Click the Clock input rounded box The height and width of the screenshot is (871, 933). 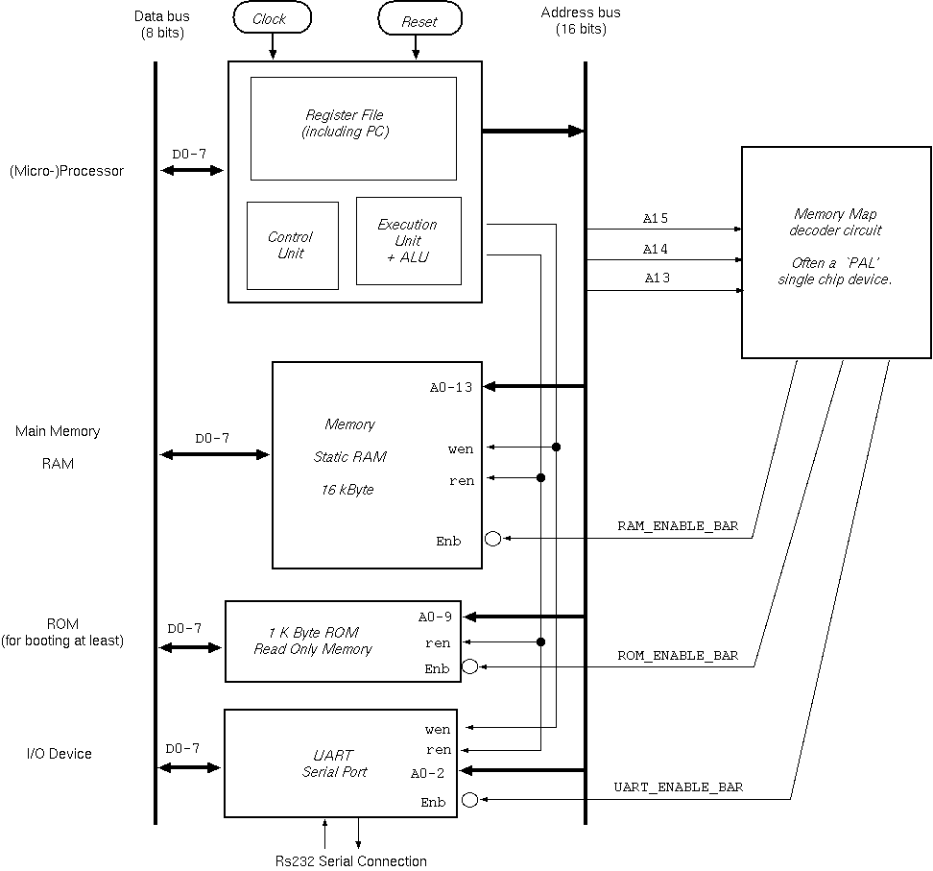click(x=273, y=19)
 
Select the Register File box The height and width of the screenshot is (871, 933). click(x=353, y=129)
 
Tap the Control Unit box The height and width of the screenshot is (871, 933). click(x=292, y=245)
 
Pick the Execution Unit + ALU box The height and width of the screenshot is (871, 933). click(x=408, y=240)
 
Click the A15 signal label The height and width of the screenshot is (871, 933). click(x=656, y=219)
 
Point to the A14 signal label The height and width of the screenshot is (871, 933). click(x=656, y=249)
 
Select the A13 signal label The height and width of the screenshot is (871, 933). click(x=656, y=278)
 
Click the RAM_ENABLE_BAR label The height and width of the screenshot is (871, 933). click(x=678, y=527)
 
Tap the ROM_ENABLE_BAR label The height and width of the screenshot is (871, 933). click(x=678, y=656)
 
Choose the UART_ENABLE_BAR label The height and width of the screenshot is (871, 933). click(x=678, y=787)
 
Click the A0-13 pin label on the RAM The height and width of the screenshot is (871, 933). click(x=452, y=388)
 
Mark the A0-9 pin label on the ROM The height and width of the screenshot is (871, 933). click(x=435, y=617)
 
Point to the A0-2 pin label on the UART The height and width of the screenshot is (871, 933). click(x=428, y=773)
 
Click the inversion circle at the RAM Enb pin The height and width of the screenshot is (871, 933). click(x=493, y=539)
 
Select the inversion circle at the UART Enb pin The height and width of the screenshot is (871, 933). click(x=469, y=799)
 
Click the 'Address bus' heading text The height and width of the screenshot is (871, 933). click(x=581, y=12)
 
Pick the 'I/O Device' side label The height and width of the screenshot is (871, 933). click(x=60, y=754)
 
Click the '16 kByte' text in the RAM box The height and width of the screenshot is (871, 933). click(x=347, y=490)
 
